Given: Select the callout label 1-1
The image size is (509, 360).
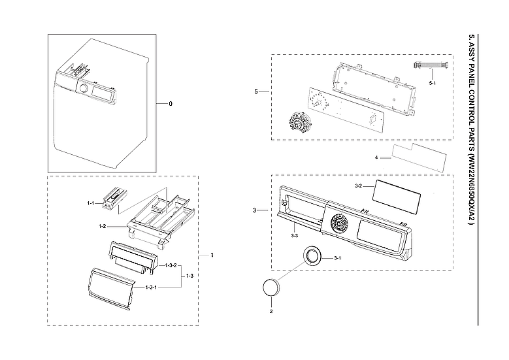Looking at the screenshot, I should [x=92, y=203].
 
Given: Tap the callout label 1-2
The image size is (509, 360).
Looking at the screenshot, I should [x=103, y=226].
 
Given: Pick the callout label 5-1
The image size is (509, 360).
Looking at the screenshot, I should [x=433, y=85].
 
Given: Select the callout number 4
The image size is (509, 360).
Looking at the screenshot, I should [x=376, y=158].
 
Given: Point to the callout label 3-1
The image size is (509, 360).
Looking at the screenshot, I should [x=338, y=259].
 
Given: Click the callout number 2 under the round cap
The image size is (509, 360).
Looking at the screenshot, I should [x=271, y=311].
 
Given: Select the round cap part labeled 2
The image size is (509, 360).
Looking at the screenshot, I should [x=270, y=287].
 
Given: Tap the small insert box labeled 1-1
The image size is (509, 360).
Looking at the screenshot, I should [x=114, y=197].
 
